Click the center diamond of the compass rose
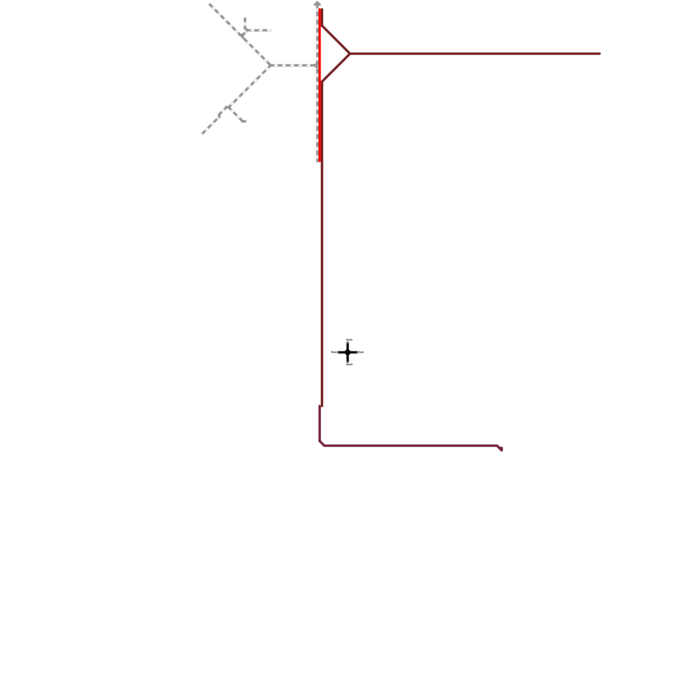[348, 352]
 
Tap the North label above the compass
[349, 339]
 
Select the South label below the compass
[349, 364]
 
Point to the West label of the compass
[333, 352]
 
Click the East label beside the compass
[361, 352]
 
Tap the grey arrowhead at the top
[317, 3]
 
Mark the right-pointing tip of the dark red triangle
[350, 54]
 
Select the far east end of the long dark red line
[600, 54]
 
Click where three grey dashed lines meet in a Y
[271, 65]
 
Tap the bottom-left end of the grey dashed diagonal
[203, 133]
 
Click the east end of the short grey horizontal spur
[271, 30]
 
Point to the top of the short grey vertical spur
[245, 19]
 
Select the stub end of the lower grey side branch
[244, 121]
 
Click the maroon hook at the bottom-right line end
[501, 449]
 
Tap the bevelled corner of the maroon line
[322, 444]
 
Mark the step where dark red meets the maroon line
[321, 406]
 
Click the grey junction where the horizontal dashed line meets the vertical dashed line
[317, 65]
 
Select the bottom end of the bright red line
[320, 161]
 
